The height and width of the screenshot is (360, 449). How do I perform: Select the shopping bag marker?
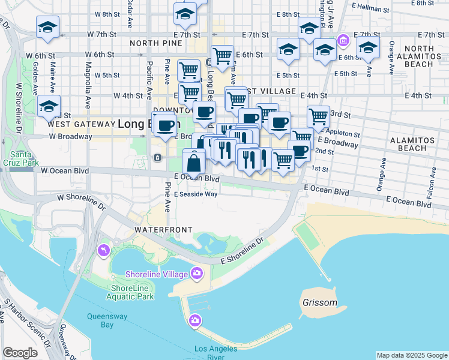pos(194,163)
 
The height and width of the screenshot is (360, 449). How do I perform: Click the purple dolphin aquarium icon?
pos(103,250)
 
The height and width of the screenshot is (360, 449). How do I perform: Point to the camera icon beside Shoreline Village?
pos(196,274)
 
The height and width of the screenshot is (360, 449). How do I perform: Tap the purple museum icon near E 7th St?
pos(343,41)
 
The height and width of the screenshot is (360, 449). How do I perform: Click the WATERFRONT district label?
pos(163,230)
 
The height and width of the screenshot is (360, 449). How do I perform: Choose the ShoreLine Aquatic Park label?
pos(132,292)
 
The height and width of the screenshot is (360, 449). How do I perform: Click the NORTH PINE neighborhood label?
pos(154,44)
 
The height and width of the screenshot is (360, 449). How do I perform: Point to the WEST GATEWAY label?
pos(80,124)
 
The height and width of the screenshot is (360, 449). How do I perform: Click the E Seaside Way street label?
pos(196,194)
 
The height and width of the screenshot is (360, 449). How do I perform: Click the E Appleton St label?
pos(342,134)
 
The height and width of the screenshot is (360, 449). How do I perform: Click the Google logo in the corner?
pos(20,353)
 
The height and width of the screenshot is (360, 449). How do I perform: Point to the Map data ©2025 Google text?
pos(411,355)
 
